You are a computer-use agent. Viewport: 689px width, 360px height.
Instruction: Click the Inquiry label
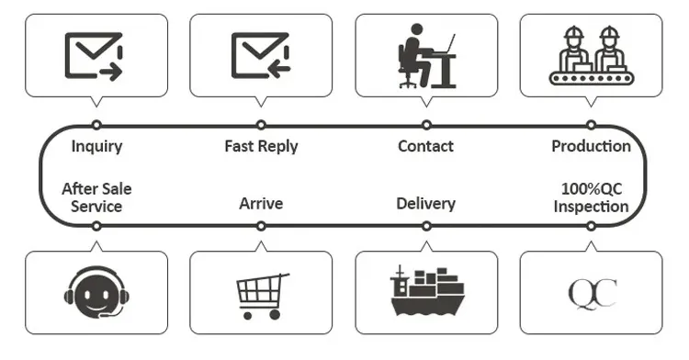click(96, 146)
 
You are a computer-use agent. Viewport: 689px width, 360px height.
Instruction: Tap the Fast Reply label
click(261, 146)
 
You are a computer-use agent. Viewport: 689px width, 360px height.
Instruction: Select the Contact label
click(425, 146)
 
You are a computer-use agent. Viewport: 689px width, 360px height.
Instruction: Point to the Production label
click(591, 146)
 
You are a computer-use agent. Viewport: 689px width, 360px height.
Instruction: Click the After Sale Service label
click(96, 197)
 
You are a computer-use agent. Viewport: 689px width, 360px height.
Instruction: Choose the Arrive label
click(261, 203)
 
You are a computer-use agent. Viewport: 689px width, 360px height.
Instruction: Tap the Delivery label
click(425, 203)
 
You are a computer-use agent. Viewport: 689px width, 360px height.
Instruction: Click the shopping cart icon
click(262, 295)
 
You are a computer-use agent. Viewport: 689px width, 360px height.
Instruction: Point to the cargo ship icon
click(426, 292)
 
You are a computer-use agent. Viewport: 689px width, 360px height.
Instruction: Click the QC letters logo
click(592, 295)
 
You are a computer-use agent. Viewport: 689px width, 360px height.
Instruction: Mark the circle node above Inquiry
click(96, 124)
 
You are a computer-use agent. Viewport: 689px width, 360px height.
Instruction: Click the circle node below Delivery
click(426, 226)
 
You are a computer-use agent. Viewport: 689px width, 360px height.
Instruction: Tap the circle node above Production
click(591, 124)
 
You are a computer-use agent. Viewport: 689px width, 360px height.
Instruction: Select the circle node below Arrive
click(261, 226)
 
